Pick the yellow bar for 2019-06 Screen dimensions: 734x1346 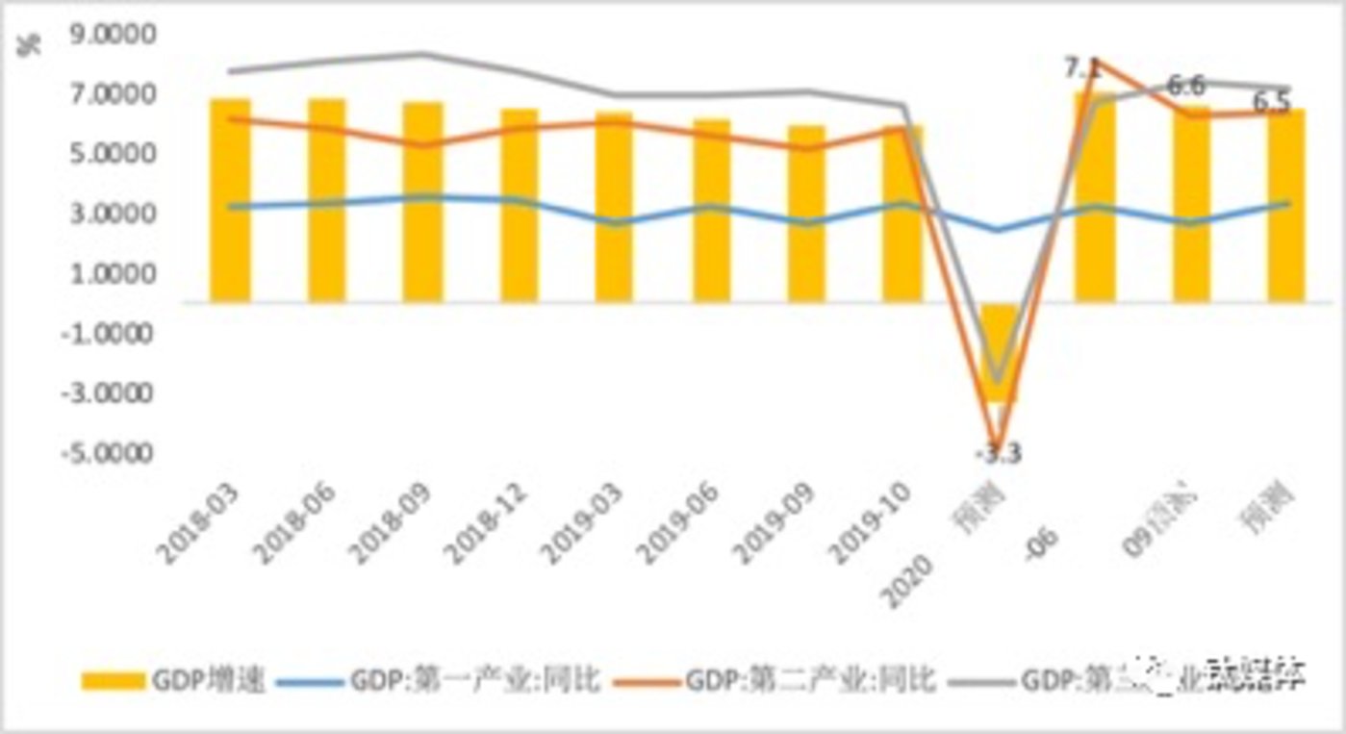[711, 211]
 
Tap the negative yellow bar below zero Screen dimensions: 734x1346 [998, 351]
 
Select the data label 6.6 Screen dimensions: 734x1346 [1186, 87]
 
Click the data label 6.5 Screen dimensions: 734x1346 [1272, 102]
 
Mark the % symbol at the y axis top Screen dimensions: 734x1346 [32, 45]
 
